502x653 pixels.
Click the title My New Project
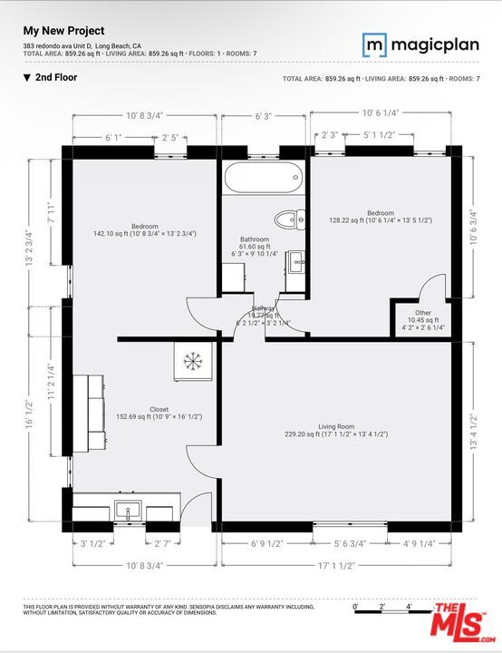[63, 31]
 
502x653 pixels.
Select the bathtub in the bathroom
[263, 178]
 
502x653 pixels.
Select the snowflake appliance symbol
[192, 360]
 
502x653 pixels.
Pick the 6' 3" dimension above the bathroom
[264, 116]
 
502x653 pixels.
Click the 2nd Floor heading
[56, 78]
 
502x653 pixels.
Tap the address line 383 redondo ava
[82, 45]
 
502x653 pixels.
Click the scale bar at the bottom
[381, 607]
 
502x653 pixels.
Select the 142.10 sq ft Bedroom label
[145, 230]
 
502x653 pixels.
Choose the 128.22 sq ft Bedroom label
[381, 217]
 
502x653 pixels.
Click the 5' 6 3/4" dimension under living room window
[350, 544]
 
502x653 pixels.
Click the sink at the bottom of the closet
[125, 508]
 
